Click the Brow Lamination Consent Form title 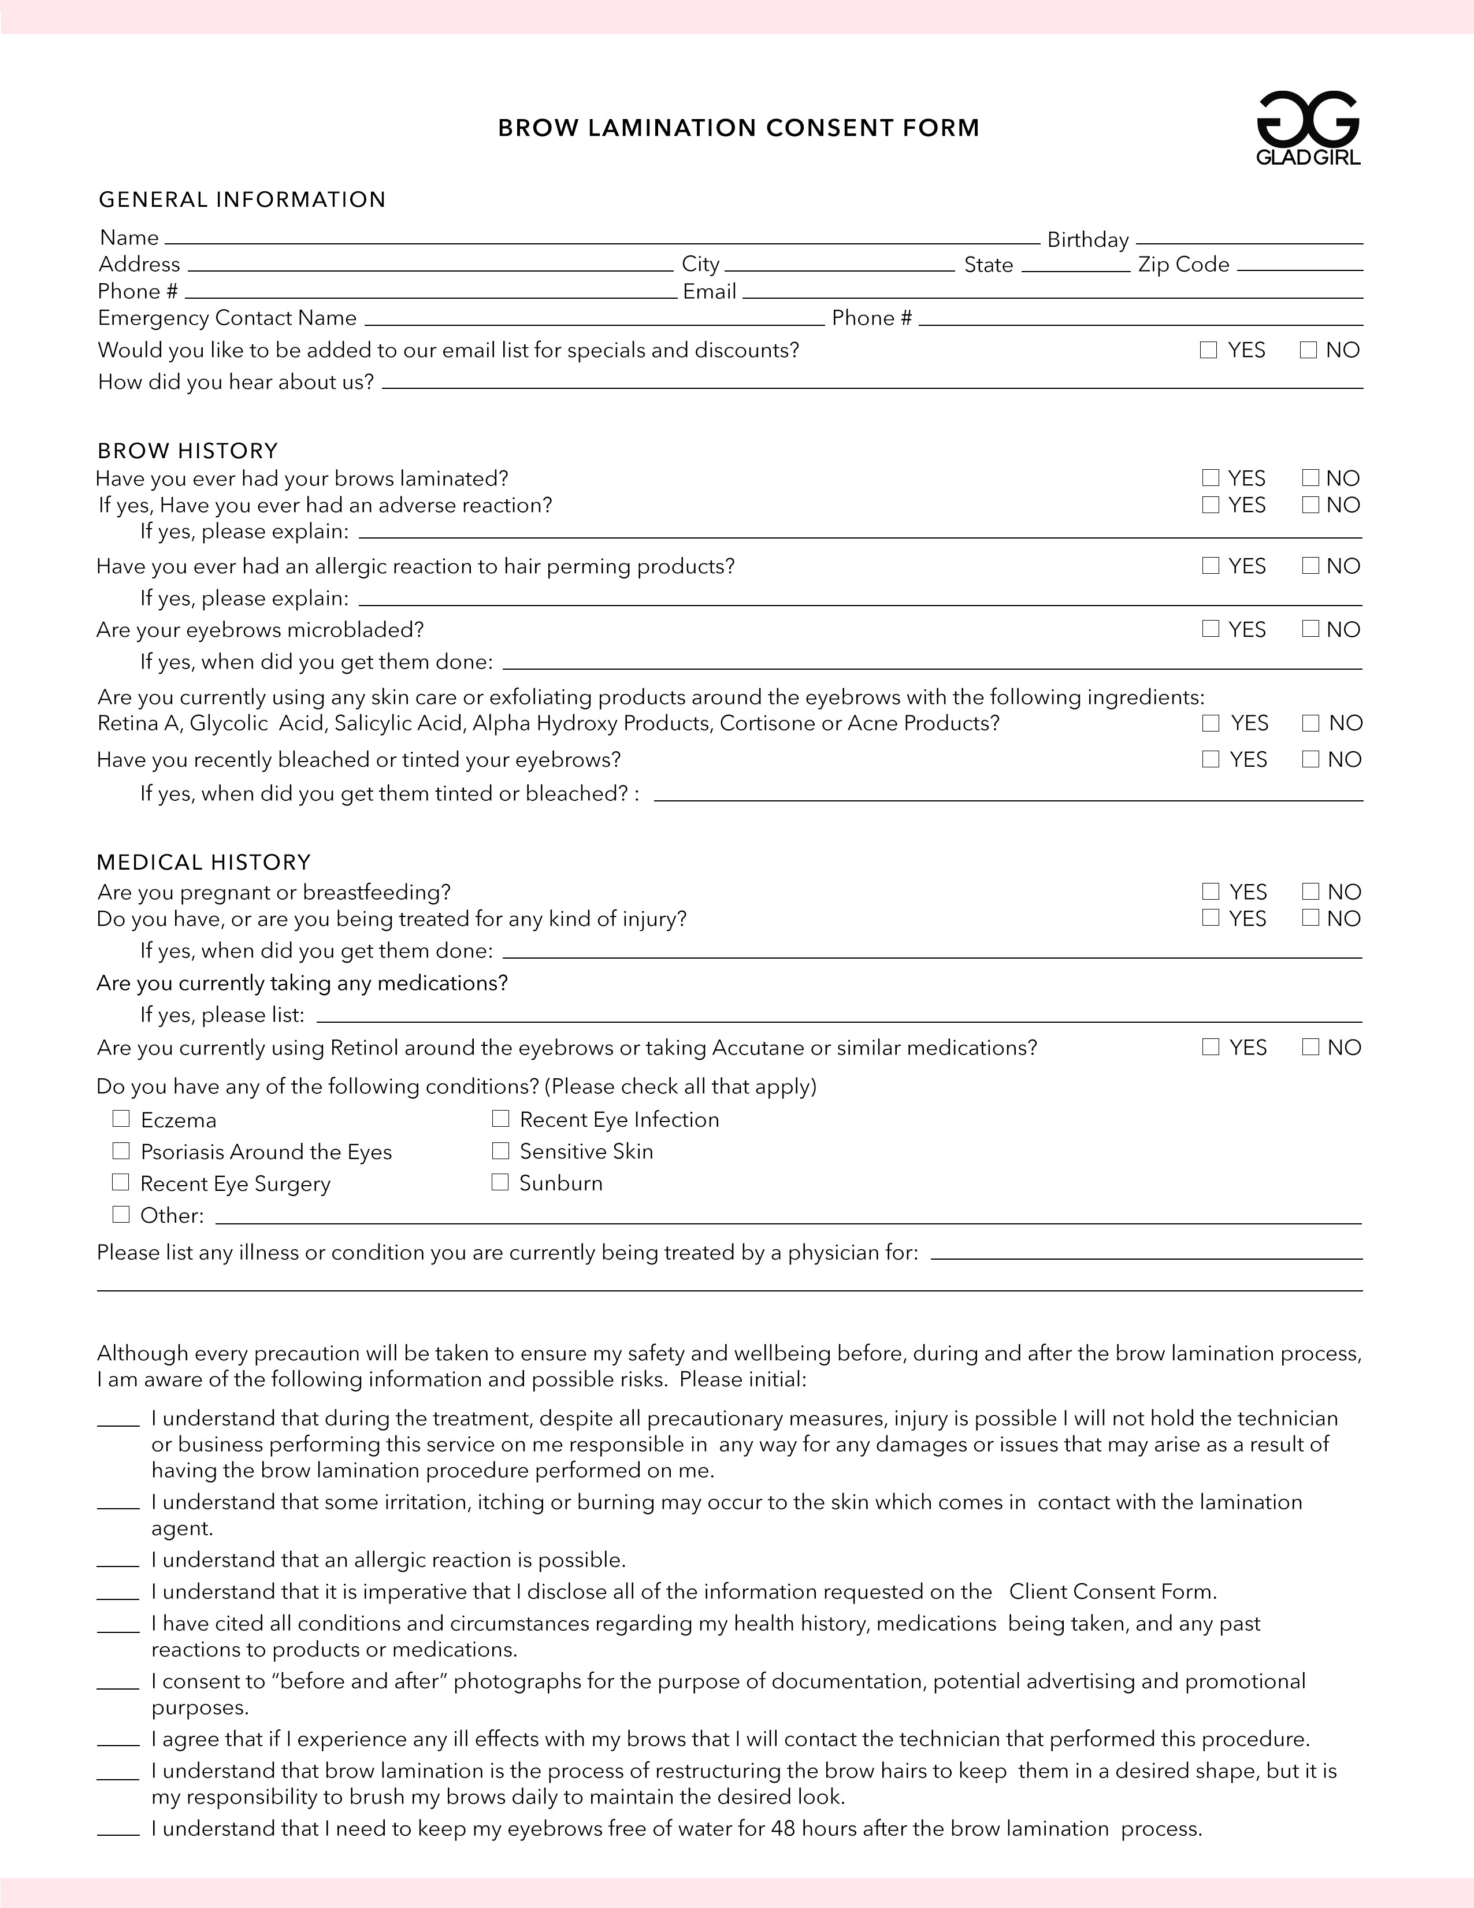[x=738, y=128]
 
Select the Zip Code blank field [x=1300, y=266]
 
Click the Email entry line [x=1052, y=294]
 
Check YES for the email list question [x=1208, y=350]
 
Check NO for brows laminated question [x=1310, y=478]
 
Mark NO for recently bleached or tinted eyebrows [x=1310, y=759]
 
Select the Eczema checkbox [x=121, y=1119]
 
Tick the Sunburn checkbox [x=500, y=1183]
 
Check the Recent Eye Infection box [x=500, y=1119]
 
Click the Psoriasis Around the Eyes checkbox [x=121, y=1152]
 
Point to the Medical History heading [x=203, y=862]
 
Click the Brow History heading [x=188, y=451]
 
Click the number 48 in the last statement [x=784, y=1828]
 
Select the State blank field [x=1075, y=266]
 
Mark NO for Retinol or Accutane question [x=1310, y=1046]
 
